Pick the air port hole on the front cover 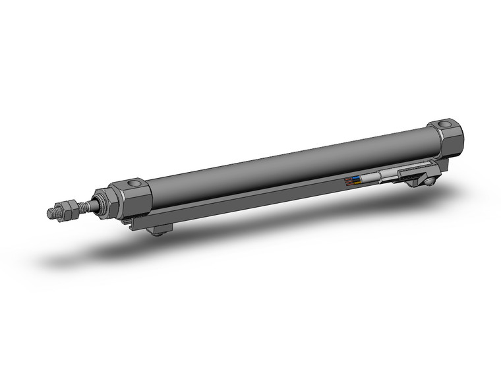pos(134,183)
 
